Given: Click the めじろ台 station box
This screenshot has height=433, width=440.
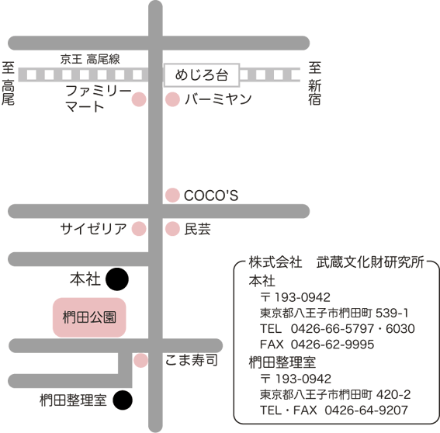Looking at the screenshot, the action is [x=202, y=75].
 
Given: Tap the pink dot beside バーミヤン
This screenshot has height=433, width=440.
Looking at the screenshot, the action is [x=172, y=99].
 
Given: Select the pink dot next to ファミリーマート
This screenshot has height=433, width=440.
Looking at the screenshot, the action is [x=139, y=99].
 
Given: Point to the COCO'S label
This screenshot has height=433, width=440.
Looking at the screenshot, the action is [x=211, y=196].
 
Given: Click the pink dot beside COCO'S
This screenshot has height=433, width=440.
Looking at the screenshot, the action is [x=172, y=195].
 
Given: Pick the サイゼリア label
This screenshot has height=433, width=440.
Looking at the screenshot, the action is [x=93, y=228].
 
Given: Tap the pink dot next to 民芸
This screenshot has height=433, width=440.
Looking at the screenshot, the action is [x=172, y=228].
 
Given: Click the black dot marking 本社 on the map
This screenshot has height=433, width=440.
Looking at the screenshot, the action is [x=117, y=279].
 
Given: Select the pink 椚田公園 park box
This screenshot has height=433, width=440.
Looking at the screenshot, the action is [x=89, y=317].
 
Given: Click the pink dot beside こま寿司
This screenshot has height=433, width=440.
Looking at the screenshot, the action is [x=140, y=360].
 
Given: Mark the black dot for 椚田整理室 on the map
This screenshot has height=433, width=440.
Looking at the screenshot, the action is [x=123, y=400].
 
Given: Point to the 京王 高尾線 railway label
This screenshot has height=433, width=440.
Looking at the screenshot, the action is [x=90, y=59].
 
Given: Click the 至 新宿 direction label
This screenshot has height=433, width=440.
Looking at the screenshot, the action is [x=314, y=83].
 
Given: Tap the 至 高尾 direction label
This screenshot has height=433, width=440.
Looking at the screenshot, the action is [x=8, y=83].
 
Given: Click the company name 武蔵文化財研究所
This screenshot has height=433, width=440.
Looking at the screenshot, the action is [x=370, y=262].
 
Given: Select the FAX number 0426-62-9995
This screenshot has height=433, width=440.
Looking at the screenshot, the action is [x=332, y=345].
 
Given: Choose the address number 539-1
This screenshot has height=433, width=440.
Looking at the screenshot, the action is [x=392, y=313].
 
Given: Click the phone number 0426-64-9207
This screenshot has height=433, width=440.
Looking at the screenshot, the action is [x=366, y=410].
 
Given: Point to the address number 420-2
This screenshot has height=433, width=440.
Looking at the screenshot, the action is [x=393, y=394].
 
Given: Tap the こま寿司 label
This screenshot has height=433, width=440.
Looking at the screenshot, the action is [x=192, y=360].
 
